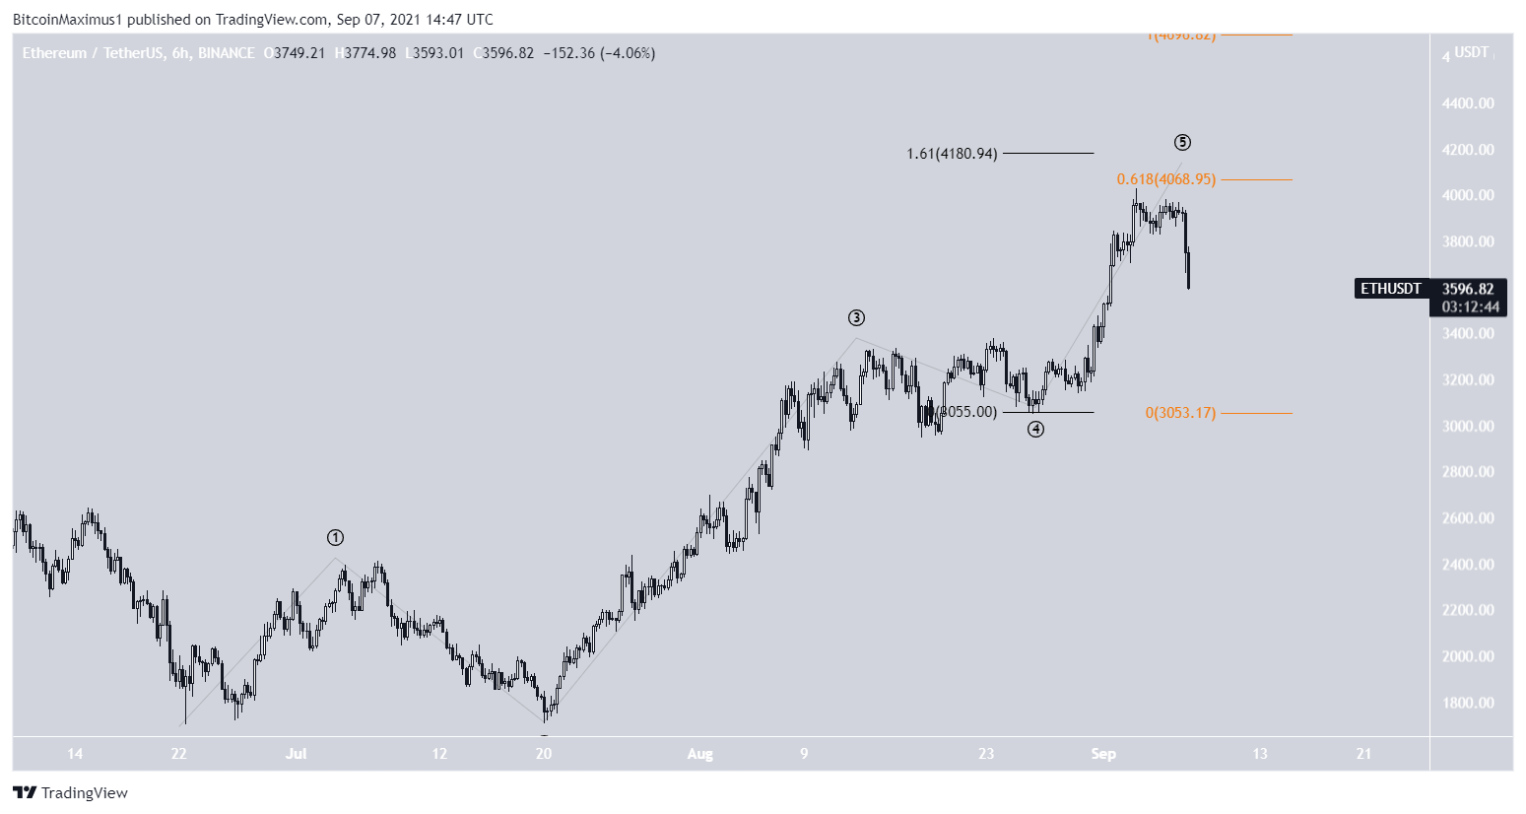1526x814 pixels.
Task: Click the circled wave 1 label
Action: pyautogui.click(x=336, y=538)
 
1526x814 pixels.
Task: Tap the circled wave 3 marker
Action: pyautogui.click(x=857, y=318)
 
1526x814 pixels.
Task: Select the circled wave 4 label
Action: pyautogui.click(x=1035, y=429)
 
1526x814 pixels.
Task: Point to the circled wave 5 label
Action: pyautogui.click(x=1182, y=143)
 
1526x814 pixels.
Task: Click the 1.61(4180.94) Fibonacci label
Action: pyautogui.click(x=952, y=154)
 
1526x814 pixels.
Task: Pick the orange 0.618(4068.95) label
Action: pyautogui.click(x=1165, y=179)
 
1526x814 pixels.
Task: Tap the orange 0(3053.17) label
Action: pyautogui.click(x=1180, y=413)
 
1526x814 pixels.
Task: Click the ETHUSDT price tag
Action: pyautogui.click(x=1390, y=289)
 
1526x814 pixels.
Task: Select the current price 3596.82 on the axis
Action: pyautogui.click(x=1468, y=289)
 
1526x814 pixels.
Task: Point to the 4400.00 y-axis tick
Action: pyautogui.click(x=1467, y=103)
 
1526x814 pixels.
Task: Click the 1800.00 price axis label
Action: pyautogui.click(x=1467, y=703)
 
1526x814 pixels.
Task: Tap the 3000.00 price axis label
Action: pyautogui.click(x=1467, y=426)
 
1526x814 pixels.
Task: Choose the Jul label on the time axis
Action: pyautogui.click(x=296, y=754)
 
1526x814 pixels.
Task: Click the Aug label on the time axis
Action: pyautogui.click(x=699, y=754)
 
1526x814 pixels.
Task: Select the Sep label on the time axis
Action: pyautogui.click(x=1103, y=754)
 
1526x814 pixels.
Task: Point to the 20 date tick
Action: pyautogui.click(x=543, y=754)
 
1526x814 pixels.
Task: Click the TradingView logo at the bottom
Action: pyautogui.click(x=71, y=792)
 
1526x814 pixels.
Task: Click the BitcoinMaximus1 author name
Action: pyautogui.click(x=68, y=19)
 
